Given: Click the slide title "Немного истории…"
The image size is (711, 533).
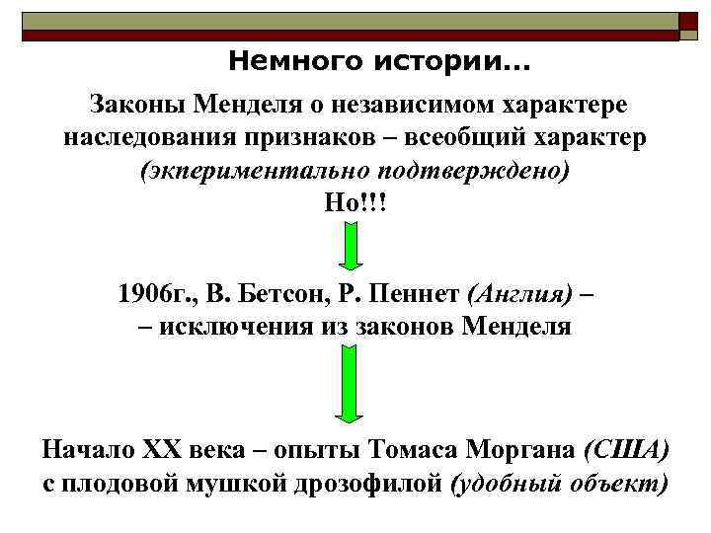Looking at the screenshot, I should [x=378, y=63].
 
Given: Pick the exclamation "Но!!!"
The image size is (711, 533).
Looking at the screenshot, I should [x=356, y=202].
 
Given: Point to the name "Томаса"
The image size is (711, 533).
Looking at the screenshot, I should [x=416, y=451].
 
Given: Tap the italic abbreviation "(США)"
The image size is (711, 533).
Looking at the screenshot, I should [x=627, y=451].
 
